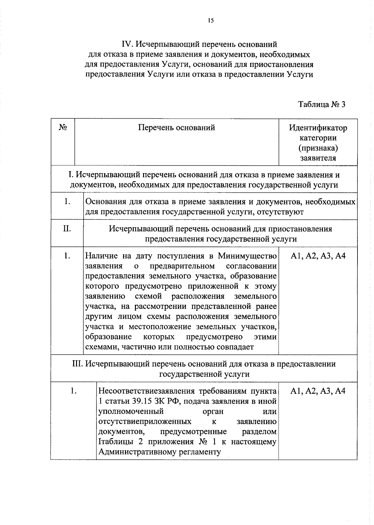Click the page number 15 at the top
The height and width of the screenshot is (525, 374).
[210, 21]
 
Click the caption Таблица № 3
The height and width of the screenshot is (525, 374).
[322, 104]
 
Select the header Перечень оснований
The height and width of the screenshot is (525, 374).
[176, 128]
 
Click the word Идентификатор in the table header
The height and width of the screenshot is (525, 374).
[318, 128]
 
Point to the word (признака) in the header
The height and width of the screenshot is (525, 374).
[318, 148]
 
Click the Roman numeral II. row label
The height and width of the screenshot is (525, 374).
[67, 229]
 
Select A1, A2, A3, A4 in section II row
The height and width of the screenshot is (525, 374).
[318, 256]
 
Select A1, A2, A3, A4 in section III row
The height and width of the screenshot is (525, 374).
[318, 391]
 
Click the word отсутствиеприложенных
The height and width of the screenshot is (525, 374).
[145, 422]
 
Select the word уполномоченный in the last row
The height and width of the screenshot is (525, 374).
[131, 411]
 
